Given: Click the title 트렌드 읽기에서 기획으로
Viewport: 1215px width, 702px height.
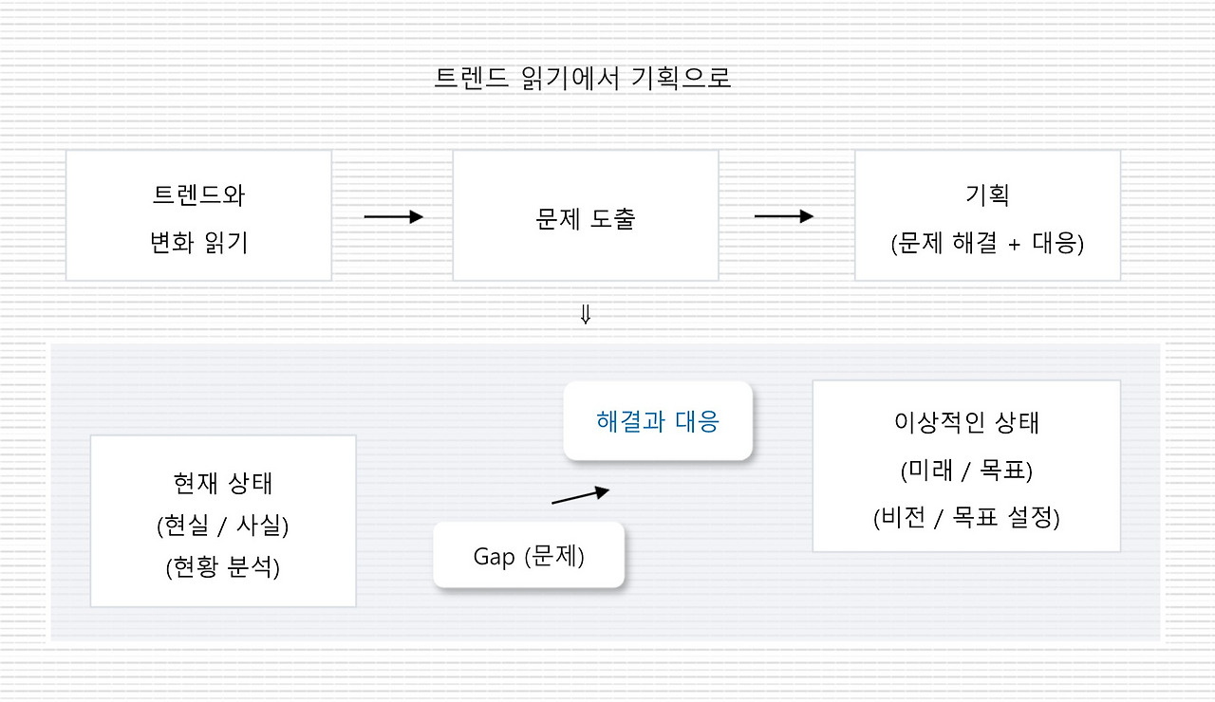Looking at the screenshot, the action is click(582, 78).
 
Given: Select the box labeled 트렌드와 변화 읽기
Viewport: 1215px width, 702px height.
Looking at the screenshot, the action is click(198, 215).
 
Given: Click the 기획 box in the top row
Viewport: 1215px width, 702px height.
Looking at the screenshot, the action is click(987, 215).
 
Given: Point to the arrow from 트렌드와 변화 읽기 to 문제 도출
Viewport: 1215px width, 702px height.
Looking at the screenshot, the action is click(393, 217).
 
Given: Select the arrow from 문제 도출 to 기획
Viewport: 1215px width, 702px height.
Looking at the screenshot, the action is click(784, 216).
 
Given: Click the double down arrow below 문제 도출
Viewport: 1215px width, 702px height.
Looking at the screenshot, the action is click(585, 315).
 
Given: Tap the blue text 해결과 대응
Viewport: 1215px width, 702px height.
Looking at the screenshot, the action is click(658, 421).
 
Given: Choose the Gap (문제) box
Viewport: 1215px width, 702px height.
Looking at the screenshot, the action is click(529, 556).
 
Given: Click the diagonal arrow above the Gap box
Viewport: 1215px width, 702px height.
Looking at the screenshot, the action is click(580, 495).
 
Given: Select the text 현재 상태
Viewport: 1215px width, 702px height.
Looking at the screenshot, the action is click(223, 483).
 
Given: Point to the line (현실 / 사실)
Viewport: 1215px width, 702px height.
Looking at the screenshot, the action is click(223, 525).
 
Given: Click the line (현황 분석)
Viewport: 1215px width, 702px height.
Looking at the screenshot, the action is click(223, 567).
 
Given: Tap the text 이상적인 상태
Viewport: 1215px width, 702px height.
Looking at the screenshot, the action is click(966, 422).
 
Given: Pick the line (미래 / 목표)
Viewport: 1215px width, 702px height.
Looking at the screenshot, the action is click(966, 470).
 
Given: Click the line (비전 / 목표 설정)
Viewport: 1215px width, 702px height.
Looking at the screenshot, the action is click(966, 518).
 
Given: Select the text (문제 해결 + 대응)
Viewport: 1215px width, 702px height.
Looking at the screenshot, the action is click(987, 243).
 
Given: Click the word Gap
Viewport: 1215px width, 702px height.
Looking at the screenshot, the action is click(494, 557).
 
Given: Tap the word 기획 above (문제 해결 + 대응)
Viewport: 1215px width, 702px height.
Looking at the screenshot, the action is click(986, 195).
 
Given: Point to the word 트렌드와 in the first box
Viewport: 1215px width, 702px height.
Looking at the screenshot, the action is click(198, 195).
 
